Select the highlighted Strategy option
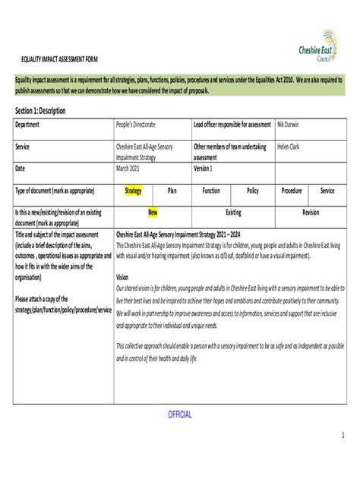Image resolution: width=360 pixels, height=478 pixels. point(133,191)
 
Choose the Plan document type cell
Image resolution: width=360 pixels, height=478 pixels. point(172,191)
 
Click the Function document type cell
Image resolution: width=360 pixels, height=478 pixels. point(211,191)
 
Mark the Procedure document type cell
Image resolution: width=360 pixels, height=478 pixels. point(292,191)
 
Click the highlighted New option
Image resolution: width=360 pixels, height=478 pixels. point(153,213)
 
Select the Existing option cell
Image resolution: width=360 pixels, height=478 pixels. point(233,213)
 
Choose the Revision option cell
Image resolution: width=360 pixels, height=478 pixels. point(311,213)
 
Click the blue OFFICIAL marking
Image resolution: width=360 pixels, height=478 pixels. point(179,414)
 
